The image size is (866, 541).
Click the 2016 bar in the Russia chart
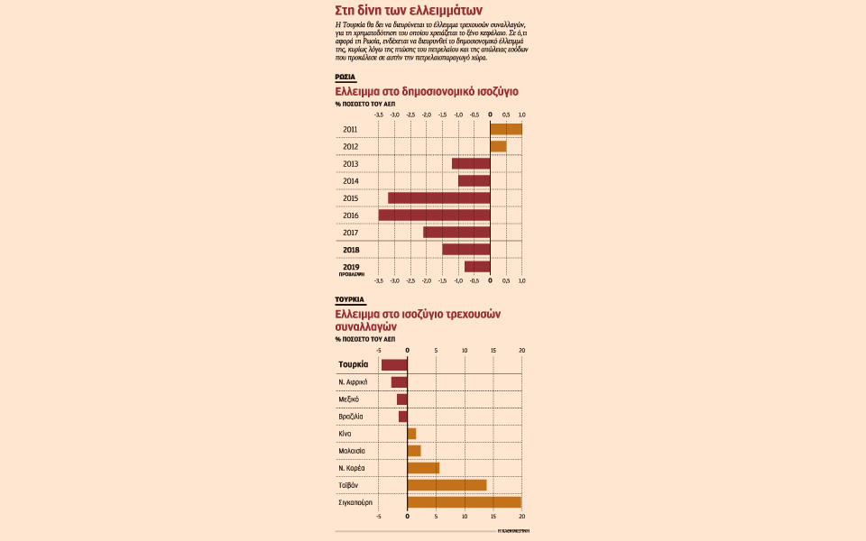coord(434,215)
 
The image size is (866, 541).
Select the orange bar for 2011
coord(505,129)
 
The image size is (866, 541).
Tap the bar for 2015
coord(439,197)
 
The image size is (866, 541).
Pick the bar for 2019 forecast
coord(477,266)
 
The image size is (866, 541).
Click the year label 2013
coord(351,163)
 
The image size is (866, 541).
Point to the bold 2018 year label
coord(351,249)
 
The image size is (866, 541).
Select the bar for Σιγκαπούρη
coord(465,502)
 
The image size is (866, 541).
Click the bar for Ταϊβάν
coord(447,485)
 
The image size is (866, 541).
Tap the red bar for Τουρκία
coord(394,364)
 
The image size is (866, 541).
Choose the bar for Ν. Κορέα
coord(423,468)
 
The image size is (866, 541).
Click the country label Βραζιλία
coord(351,417)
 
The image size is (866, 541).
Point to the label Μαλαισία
coord(352,451)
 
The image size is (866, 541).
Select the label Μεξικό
coord(349,399)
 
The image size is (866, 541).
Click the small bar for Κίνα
coord(411,434)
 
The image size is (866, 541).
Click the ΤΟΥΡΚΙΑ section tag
coord(349,298)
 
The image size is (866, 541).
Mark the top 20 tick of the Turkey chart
coord(521,350)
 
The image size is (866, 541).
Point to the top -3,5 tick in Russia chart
coord(379,115)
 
